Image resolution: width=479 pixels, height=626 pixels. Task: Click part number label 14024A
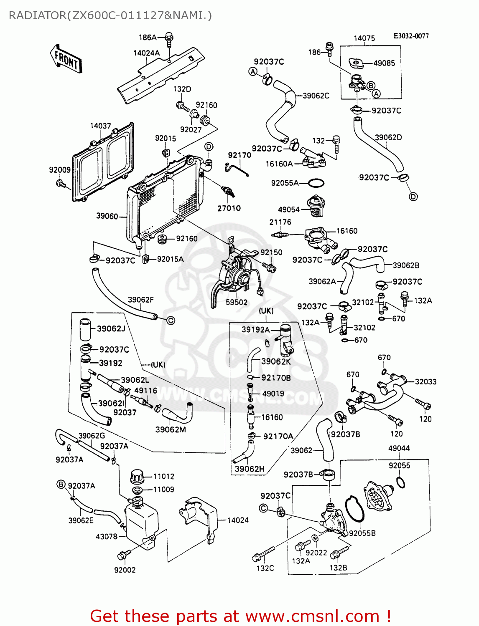146,53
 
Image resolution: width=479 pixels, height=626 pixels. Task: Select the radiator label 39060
107,216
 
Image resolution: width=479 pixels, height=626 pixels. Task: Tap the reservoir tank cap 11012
137,476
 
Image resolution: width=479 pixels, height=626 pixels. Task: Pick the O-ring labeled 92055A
316,183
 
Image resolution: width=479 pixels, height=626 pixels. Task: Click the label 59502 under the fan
237,302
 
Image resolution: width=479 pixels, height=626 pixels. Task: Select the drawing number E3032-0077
411,36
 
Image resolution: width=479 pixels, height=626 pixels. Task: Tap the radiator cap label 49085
384,63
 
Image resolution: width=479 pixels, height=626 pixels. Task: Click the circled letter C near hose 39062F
171,321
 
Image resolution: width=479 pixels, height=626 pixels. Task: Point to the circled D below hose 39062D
413,196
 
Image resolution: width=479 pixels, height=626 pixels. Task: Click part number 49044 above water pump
399,448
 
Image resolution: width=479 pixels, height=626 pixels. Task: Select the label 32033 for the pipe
425,381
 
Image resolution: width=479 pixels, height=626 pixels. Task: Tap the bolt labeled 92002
123,555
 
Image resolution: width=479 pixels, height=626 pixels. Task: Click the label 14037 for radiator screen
100,126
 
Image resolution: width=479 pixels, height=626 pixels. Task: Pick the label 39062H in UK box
250,469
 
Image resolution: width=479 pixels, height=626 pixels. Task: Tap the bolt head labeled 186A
169,37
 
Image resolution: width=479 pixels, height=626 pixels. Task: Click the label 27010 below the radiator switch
229,208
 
